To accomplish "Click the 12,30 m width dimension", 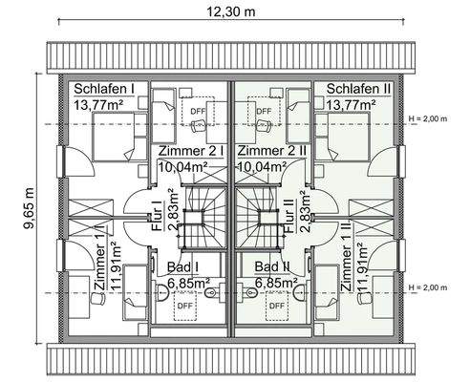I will coord(234,11).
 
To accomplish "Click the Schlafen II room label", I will coord(358,89).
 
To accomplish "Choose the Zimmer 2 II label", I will coord(271,151).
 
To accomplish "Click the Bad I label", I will coord(182,267).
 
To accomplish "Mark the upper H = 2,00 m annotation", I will coord(427,118).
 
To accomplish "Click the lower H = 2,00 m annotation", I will coord(427,287).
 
